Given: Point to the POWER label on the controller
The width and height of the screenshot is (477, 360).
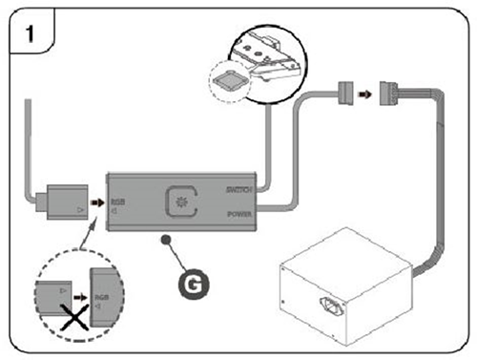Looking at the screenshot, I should [x=238, y=215].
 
